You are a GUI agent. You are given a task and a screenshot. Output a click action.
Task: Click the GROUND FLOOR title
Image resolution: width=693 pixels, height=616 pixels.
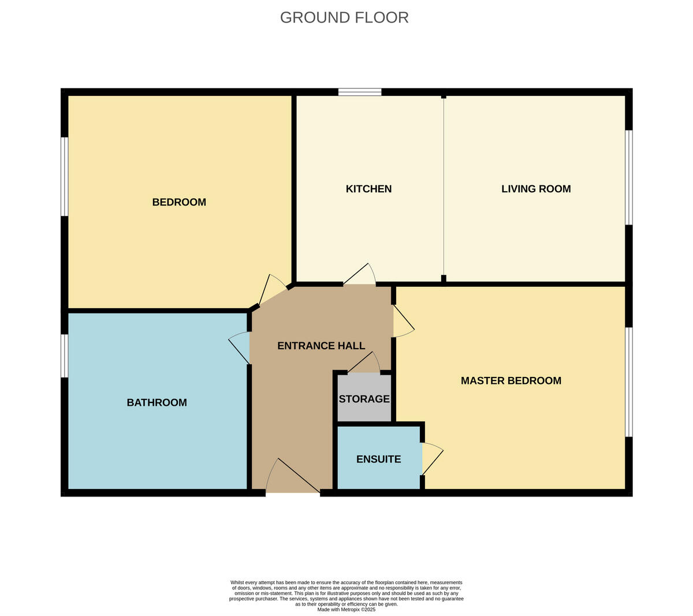(x=344, y=17)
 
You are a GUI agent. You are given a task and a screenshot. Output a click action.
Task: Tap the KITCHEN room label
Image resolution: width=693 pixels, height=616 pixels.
(x=368, y=189)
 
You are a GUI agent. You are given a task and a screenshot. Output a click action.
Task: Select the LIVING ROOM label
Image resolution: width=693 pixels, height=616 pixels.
(x=536, y=189)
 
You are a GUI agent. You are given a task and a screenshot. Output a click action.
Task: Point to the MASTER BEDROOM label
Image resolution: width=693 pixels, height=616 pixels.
(x=511, y=380)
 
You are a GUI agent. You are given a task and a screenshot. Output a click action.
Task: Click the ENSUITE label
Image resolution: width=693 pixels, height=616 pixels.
(x=378, y=460)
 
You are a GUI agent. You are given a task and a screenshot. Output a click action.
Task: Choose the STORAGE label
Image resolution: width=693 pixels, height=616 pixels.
(x=364, y=399)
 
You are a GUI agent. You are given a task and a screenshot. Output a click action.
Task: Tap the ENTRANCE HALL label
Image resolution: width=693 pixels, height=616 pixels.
(x=321, y=346)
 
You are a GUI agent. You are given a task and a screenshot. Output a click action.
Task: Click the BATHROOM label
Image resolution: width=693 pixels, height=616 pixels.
(x=157, y=402)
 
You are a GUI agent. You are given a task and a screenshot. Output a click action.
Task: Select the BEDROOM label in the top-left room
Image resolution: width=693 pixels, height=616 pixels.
(x=179, y=202)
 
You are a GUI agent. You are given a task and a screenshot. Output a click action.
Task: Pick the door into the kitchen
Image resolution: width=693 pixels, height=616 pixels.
(x=359, y=276)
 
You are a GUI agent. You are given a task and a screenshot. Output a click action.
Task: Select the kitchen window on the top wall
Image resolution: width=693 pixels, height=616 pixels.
(x=360, y=92)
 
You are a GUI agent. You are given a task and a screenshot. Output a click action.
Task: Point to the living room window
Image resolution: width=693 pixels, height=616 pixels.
(x=629, y=177)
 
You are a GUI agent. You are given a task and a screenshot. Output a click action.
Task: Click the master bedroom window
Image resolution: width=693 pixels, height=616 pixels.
(x=629, y=382)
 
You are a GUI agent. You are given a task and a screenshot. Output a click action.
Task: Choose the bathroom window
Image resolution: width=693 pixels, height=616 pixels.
(x=65, y=356)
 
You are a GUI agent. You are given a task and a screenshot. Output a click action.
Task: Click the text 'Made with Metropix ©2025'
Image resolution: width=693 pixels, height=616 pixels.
(x=346, y=609)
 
